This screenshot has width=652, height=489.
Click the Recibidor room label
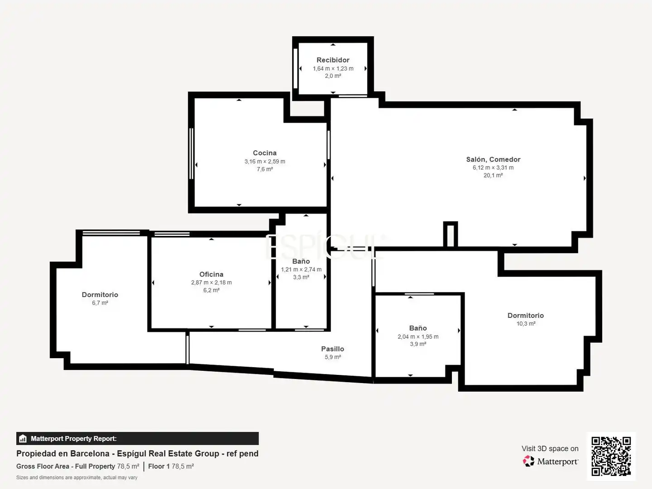[333, 60]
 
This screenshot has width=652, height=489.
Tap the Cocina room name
[265, 153]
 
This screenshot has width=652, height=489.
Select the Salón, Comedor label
[493, 159]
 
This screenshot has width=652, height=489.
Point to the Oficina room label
[211, 274]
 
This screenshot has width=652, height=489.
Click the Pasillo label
[332, 349]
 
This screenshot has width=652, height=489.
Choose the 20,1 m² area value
[493, 175]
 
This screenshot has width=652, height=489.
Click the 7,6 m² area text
[265, 169]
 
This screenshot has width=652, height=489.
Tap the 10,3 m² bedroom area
[526, 324]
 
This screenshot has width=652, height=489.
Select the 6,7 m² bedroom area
[100, 303]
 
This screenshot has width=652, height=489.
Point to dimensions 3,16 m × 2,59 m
[265, 162]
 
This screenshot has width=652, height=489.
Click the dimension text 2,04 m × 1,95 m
[418, 337]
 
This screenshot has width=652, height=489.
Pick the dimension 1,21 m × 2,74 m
[301, 269]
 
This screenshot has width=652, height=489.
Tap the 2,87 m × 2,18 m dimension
[211, 283]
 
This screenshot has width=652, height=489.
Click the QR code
[611, 456]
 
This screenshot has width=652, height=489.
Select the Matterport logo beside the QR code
[551, 461]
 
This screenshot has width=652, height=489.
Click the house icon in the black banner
[23, 439]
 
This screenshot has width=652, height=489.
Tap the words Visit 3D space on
[550, 449]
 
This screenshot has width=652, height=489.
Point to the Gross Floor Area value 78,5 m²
[128, 466]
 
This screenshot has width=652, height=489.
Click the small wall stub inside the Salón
[451, 234]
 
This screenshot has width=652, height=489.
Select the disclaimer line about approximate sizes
[77, 478]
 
